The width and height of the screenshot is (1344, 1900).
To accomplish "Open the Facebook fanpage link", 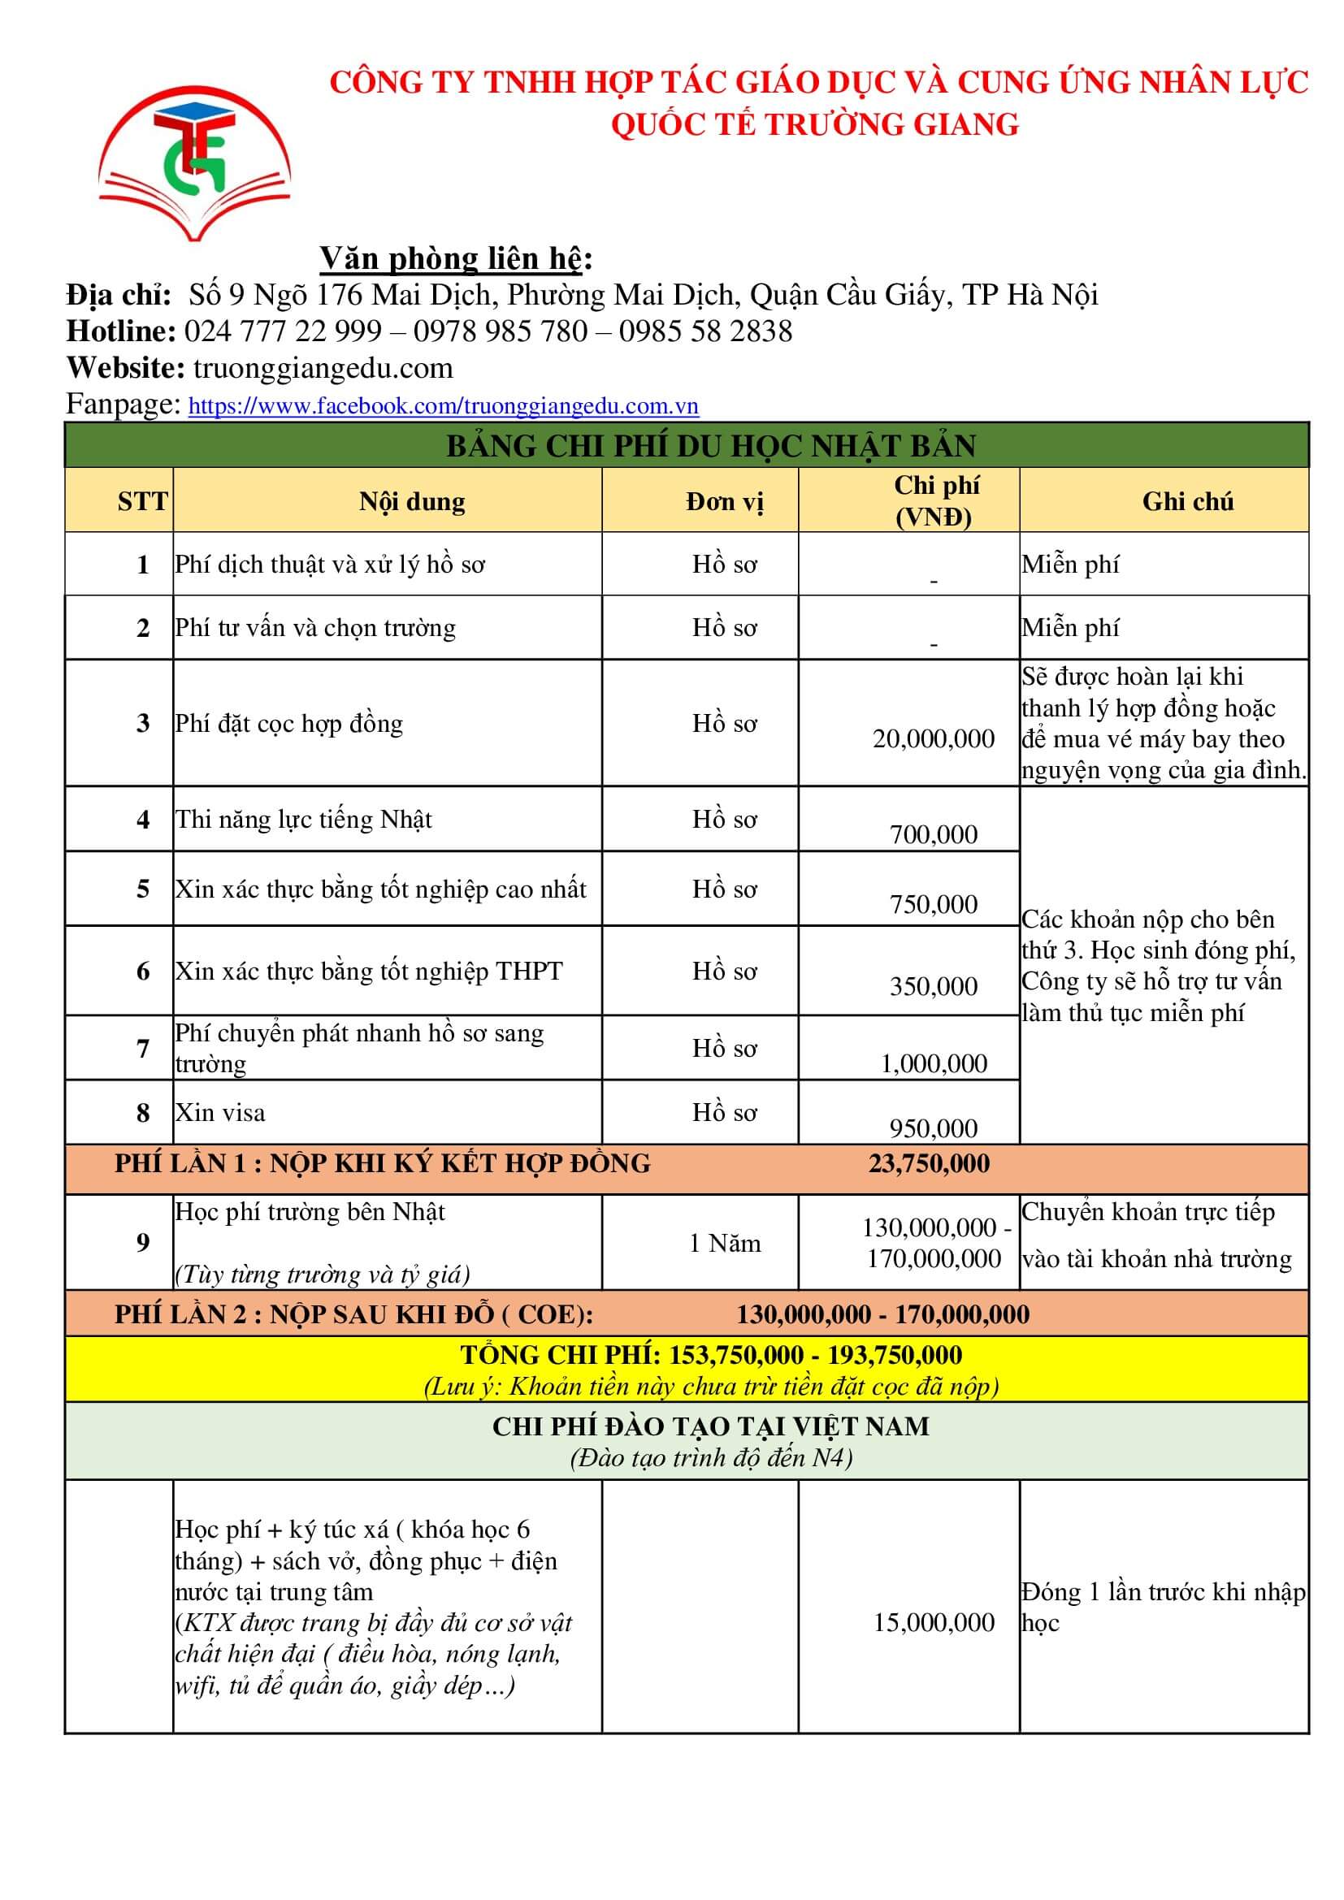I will (443, 405).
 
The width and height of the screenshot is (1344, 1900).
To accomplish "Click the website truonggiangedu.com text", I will (323, 368).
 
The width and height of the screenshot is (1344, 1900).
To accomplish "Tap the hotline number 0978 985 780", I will (500, 331).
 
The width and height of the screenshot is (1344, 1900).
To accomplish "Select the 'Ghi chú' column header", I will (1188, 501).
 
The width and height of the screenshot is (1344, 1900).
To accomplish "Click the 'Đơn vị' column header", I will (725, 501).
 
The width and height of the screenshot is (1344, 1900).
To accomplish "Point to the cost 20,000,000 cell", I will (934, 738).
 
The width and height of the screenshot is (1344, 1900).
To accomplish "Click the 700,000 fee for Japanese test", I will (934, 834).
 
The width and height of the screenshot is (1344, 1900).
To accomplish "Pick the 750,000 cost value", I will (934, 903).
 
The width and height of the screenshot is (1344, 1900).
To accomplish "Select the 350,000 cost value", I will (934, 985).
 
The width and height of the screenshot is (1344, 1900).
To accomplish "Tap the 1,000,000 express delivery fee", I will (934, 1063).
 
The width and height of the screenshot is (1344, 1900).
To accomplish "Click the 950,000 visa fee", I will (934, 1128).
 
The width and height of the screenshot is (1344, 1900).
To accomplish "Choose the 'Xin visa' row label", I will (220, 1112).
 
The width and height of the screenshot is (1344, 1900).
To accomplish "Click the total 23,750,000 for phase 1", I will (929, 1163).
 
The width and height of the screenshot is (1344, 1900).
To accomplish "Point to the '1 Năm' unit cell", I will (725, 1243).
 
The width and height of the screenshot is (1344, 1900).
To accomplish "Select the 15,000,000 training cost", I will (934, 1622).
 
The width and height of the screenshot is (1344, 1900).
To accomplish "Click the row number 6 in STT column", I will (143, 972).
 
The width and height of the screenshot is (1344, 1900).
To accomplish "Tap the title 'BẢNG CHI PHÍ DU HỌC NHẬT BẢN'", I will (711, 446).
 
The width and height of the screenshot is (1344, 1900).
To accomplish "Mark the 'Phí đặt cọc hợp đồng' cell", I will (288, 723).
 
